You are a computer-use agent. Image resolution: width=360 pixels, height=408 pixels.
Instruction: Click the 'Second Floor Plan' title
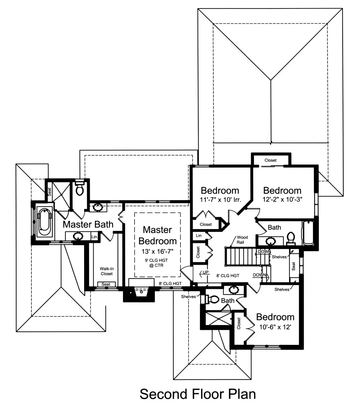[x=198, y=394]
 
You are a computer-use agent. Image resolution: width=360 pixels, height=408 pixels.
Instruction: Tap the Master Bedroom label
[x=157, y=235]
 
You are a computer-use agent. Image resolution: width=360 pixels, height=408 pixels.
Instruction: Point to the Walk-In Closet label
[x=107, y=271]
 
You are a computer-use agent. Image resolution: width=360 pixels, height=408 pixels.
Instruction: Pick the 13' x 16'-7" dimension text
[x=157, y=251]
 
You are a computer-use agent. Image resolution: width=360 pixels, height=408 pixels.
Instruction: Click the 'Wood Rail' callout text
[x=243, y=240]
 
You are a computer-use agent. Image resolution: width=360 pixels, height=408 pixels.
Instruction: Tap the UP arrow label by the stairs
[x=205, y=272]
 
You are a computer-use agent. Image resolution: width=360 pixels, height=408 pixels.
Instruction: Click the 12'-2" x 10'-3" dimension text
[x=282, y=199]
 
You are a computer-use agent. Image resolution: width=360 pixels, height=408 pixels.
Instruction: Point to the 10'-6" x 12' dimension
[x=275, y=327]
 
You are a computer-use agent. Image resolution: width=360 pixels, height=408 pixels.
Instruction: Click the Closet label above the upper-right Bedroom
[x=271, y=160]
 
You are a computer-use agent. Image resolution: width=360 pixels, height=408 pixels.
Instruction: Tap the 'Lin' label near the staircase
[x=199, y=235]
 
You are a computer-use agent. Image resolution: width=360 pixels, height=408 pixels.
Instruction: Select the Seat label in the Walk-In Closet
[x=106, y=284]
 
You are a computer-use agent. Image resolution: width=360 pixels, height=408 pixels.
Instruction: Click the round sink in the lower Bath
[x=234, y=290]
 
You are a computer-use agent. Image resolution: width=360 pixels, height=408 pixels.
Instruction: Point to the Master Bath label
[x=88, y=224]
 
